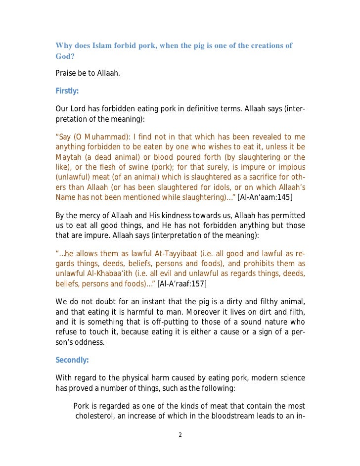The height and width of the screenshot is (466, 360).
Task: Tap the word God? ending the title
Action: (x=64, y=56)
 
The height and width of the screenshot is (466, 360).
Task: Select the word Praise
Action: (x=66, y=74)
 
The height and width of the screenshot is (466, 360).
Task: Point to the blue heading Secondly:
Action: (x=72, y=360)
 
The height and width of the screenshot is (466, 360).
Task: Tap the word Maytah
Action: (x=69, y=158)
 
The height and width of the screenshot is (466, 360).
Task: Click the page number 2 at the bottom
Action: (x=180, y=435)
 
